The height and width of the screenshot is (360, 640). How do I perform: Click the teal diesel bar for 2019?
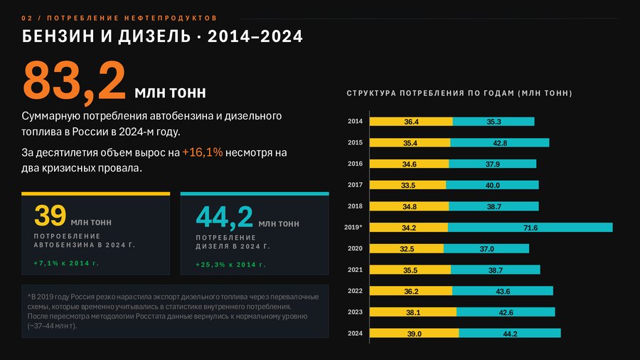(530, 228)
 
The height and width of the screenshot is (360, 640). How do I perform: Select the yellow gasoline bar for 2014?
(411, 121)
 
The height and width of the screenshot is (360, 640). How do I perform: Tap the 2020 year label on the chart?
(355, 248)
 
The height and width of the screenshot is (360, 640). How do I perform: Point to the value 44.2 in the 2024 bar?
(510, 334)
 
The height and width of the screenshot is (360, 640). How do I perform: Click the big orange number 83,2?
(74, 80)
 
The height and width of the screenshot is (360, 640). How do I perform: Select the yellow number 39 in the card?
(50, 215)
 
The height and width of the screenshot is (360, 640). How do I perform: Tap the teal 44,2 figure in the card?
(225, 217)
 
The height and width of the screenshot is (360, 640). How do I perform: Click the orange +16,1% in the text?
(203, 152)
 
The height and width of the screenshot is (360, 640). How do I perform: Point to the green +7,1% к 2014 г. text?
(66, 263)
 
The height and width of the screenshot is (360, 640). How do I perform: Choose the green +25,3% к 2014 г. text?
(230, 265)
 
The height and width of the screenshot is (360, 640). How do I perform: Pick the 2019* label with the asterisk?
(353, 227)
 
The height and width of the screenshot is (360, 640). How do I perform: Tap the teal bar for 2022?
(503, 290)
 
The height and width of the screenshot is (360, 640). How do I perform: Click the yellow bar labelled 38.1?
(413, 312)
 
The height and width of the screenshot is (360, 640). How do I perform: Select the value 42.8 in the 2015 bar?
(500, 143)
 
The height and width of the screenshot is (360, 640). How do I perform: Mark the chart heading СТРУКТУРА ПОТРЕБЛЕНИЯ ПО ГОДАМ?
(459, 93)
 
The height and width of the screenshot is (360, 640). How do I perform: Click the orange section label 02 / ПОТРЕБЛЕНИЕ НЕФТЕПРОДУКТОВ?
(119, 18)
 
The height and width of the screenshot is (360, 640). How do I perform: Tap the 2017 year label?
(355, 184)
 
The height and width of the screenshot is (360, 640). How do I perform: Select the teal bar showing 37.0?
(486, 248)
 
